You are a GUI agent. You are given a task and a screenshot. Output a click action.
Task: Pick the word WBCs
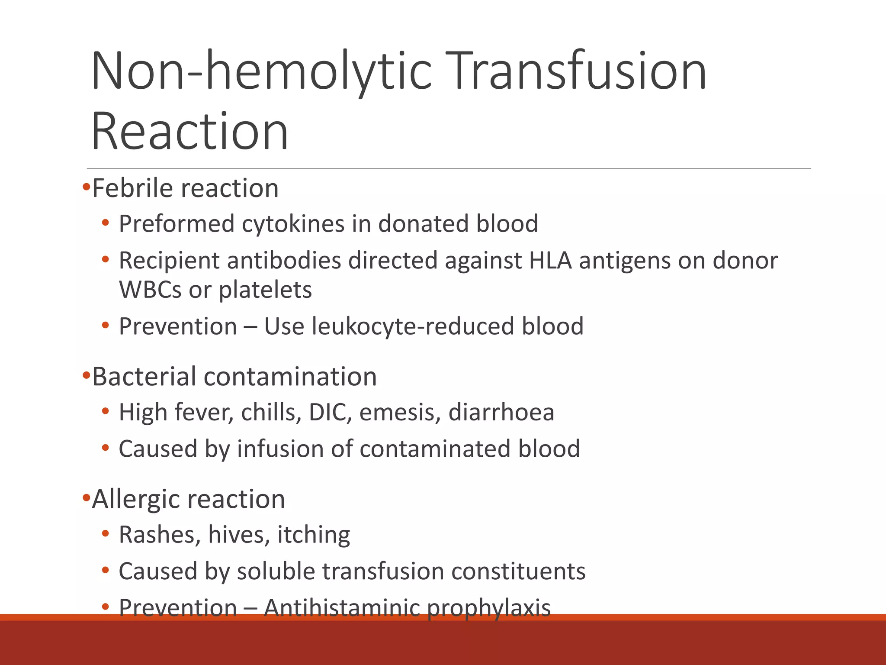click(150, 290)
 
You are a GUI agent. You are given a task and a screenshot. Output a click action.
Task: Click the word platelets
click(265, 290)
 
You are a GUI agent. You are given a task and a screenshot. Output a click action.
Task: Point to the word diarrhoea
click(501, 412)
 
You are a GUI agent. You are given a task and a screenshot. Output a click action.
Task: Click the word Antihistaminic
click(342, 607)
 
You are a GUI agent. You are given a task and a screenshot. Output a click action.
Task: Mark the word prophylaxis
click(489, 607)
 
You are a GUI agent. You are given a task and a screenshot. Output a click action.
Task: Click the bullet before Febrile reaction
click(87, 188)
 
